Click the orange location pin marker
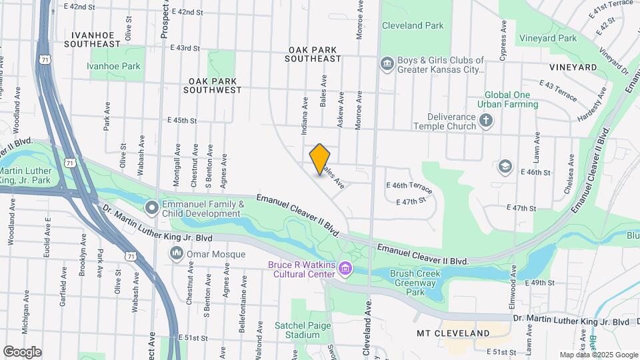[320, 159]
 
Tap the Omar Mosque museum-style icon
[177, 253]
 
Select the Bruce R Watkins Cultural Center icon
[345, 269]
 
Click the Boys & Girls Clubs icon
[387, 64]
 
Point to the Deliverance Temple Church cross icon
[486, 121]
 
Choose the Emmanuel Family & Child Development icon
[151, 208]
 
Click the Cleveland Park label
[413, 25]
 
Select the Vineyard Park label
[548, 39]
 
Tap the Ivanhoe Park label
[114, 66]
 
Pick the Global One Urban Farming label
[507, 99]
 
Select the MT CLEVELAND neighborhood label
[453, 333]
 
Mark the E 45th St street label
[184, 121]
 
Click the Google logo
[22, 351]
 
